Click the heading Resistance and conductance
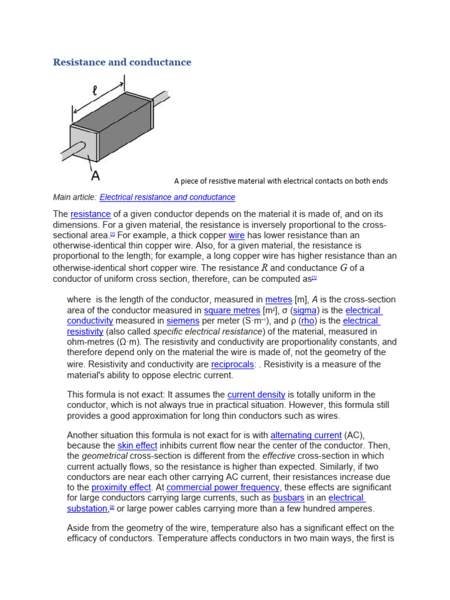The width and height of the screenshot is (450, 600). tap(122, 62)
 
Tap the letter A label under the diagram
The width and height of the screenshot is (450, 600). tap(95, 175)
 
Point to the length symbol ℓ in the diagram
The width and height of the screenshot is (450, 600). tap(95, 91)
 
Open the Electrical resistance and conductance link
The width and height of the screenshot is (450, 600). tap(168, 197)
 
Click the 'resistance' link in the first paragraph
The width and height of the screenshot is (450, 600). tap(91, 214)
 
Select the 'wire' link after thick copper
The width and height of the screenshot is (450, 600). tap(236, 236)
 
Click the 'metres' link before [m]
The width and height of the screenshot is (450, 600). tap(278, 300)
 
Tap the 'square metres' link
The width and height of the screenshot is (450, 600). tap(232, 311)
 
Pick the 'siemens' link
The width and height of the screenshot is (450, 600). tap(183, 321)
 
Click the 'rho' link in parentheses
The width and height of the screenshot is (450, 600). tap(308, 321)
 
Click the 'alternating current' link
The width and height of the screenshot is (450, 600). tap(306, 435)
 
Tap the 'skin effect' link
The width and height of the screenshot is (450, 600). tap(137, 446)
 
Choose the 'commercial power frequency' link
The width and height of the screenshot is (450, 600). tap(223, 487)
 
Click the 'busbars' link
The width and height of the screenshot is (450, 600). tap(289, 498)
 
